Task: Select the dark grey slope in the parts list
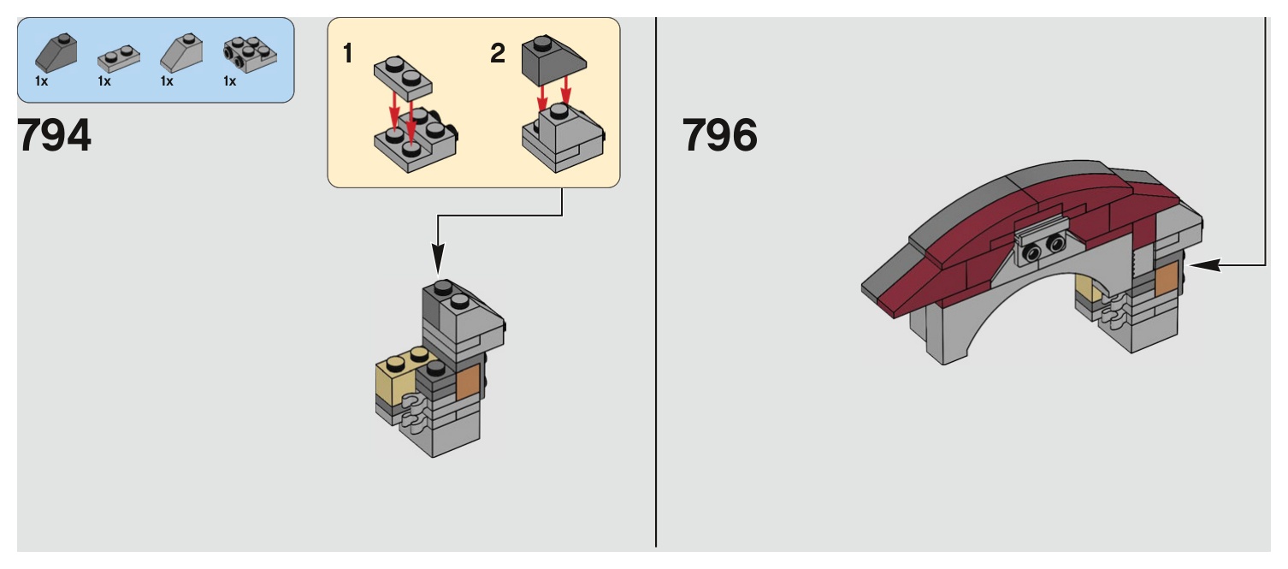point(56,54)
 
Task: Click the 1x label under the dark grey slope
point(42,81)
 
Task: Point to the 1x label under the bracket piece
point(229,81)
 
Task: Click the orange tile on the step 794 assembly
point(468,381)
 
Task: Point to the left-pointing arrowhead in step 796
point(1202,266)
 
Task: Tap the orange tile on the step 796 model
point(1167,281)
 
